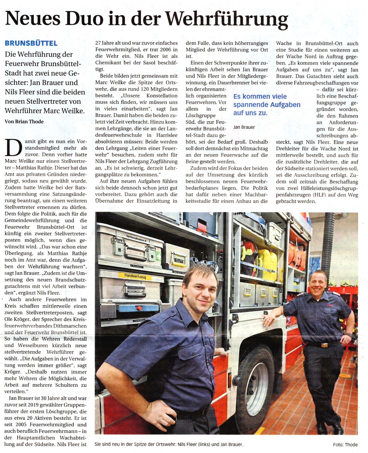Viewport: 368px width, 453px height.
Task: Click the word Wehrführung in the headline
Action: click(x=227, y=19)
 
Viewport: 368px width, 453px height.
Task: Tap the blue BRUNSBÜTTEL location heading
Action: click(x=31, y=43)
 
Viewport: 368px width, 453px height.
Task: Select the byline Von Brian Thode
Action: click(x=24, y=121)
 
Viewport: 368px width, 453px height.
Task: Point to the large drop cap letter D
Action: click(x=13, y=148)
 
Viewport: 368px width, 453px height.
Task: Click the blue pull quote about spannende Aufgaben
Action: click(x=267, y=104)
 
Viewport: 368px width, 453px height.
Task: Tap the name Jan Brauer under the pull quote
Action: click(x=244, y=127)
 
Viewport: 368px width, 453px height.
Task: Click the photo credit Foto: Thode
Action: click(x=345, y=445)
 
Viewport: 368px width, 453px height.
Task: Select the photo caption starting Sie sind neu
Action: click(x=169, y=445)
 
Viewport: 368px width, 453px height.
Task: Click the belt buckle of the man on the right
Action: click(x=324, y=345)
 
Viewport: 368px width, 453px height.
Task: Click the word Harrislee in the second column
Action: click(x=167, y=135)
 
